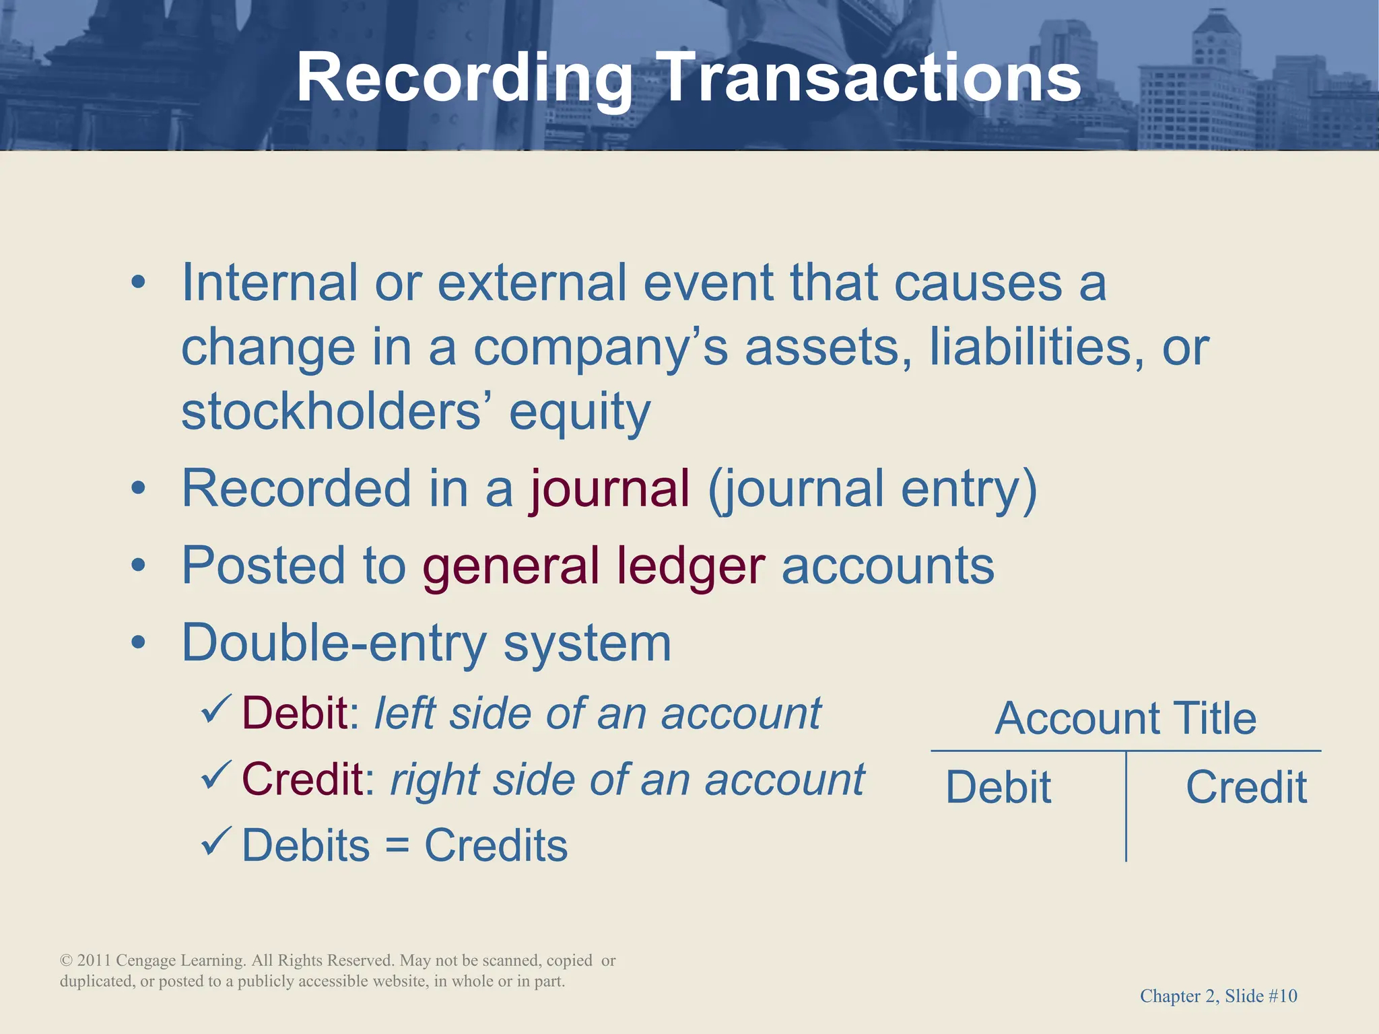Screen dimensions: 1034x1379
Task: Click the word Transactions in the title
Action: pyautogui.click(x=869, y=79)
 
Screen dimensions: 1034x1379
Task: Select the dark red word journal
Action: pyautogui.click(x=610, y=488)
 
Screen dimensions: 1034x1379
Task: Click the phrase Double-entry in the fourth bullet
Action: pyautogui.click(x=334, y=643)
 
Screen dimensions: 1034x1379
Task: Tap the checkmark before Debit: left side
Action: pyautogui.click(x=216, y=710)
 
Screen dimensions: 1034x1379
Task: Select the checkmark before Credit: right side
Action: pyautogui.click(x=216, y=775)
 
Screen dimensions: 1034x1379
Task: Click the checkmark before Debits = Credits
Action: pyautogui.click(x=216, y=841)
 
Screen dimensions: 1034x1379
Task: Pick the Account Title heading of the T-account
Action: pyautogui.click(x=1125, y=718)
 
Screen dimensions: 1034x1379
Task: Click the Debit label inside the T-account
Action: pyautogui.click(x=998, y=787)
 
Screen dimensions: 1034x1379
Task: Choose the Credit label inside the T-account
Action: pyautogui.click(x=1246, y=787)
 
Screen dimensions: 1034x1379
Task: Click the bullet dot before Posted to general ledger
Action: pyautogui.click(x=138, y=565)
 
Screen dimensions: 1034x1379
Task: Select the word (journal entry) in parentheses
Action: pyautogui.click(x=873, y=489)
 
